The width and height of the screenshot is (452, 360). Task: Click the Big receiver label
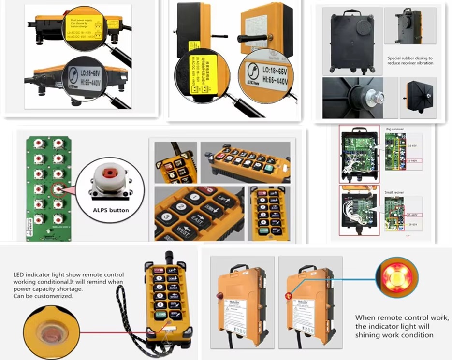[x=396, y=130]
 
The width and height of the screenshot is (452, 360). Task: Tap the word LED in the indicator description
[x=19, y=275]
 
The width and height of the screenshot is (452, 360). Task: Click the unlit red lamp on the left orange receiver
[x=219, y=295]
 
